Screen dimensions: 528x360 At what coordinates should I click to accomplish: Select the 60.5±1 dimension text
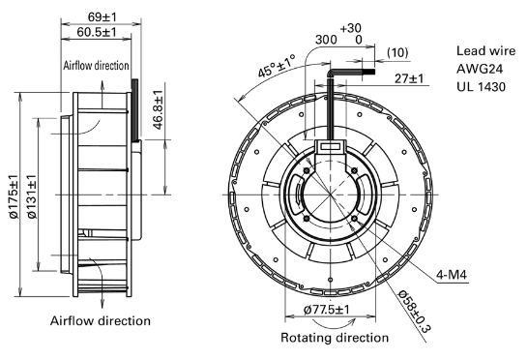point(97,32)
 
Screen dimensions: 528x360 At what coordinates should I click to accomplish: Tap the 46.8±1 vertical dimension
point(158,110)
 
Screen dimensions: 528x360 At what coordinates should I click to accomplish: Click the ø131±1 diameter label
point(32,196)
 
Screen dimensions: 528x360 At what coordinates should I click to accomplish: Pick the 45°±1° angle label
point(277,66)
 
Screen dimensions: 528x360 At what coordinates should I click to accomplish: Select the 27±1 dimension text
point(409,78)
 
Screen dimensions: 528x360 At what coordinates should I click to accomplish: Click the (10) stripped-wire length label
point(397,52)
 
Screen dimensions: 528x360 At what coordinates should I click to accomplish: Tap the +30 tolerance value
point(350,28)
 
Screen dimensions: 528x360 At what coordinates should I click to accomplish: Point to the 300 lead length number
point(326,40)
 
